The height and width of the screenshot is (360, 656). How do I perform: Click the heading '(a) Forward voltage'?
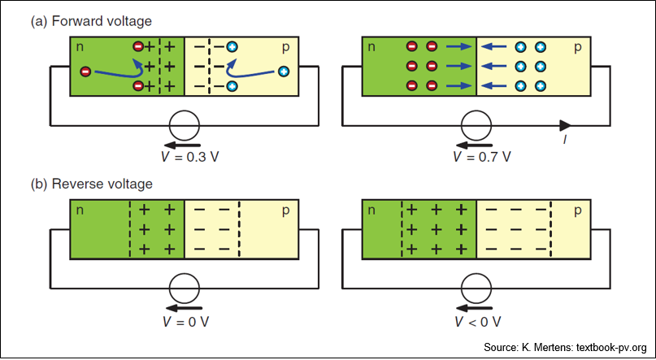(x=91, y=22)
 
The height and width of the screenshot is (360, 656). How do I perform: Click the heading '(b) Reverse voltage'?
(x=92, y=184)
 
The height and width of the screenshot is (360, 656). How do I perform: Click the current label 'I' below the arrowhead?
(x=564, y=140)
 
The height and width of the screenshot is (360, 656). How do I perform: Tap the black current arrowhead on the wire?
(x=565, y=125)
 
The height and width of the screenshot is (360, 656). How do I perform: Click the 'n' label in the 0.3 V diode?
(x=80, y=48)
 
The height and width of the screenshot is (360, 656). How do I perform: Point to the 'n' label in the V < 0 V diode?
(x=372, y=211)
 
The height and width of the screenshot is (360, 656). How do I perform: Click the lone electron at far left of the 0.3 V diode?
(x=85, y=72)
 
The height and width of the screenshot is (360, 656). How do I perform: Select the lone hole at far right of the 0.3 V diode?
(x=283, y=72)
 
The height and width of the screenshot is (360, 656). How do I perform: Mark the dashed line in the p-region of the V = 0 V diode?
(x=239, y=229)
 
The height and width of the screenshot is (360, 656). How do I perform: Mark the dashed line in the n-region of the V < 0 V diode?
(x=402, y=229)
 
